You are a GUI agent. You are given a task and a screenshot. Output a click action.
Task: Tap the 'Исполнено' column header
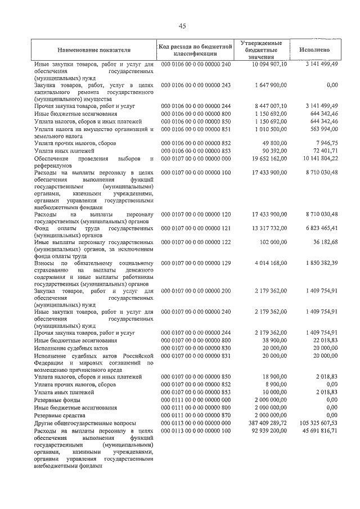click(x=315, y=50)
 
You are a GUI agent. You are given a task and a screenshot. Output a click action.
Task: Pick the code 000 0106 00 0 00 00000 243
click(x=196, y=85)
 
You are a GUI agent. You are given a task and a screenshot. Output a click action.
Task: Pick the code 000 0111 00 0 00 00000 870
click(x=196, y=414)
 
